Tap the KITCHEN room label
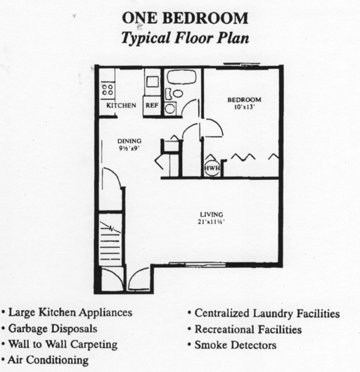[x=121, y=105]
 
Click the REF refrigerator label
[x=152, y=105]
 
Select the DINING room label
[x=129, y=141]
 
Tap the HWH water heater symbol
[x=211, y=169]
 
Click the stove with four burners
[x=108, y=89]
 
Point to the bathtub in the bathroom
[x=182, y=77]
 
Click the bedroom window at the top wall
[x=243, y=67]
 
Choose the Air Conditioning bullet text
[x=49, y=360]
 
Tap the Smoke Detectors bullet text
[x=236, y=345]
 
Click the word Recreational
[x=226, y=329]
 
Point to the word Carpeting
[x=91, y=345]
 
